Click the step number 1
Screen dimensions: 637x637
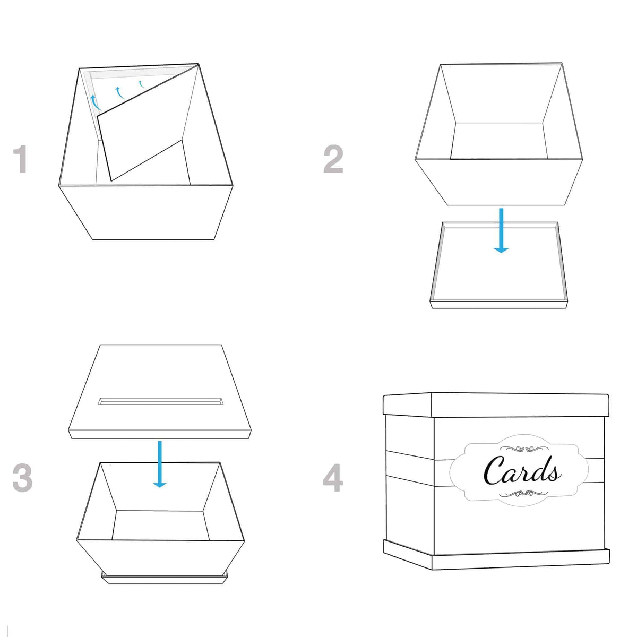point(20,159)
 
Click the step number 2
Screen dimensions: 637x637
point(333,159)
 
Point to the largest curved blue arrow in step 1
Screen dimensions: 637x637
point(94,102)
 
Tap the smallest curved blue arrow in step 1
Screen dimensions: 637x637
point(141,83)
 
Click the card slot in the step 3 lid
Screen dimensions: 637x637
point(159,401)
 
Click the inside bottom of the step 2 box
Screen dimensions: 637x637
point(499,141)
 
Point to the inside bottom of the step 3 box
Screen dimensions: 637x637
point(159,526)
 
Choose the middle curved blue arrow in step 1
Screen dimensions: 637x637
point(119,93)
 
